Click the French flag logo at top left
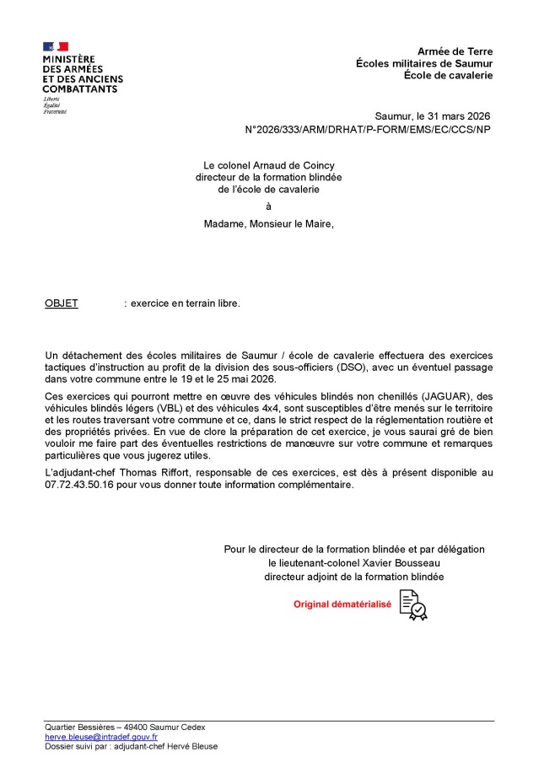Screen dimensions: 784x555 tap(56, 46)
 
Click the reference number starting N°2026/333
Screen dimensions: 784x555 tap(366, 130)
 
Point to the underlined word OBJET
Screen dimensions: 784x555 tap(61, 303)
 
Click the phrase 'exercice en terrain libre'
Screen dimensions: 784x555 tap(184, 303)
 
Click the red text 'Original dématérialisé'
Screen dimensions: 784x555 tap(342, 604)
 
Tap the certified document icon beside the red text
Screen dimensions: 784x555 tap(413, 604)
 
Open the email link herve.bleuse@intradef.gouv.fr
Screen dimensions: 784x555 tap(101, 737)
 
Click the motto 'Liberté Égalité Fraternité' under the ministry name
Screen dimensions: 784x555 tap(55, 105)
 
